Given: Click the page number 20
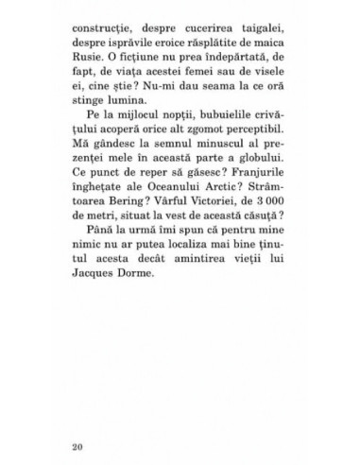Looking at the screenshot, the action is pos(77,442).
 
